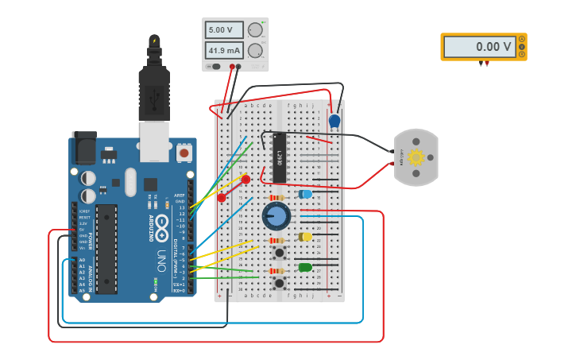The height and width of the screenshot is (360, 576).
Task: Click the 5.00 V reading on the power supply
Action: [x=225, y=30]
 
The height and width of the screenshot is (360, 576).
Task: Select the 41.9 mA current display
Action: [x=225, y=51]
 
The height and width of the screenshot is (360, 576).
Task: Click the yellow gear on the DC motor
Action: [x=416, y=157]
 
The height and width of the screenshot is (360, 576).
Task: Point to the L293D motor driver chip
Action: [x=279, y=157]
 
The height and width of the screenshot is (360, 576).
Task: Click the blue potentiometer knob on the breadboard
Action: [x=276, y=215]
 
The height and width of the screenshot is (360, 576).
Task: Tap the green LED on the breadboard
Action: [x=305, y=268]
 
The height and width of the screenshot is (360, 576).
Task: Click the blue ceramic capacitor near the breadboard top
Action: [x=334, y=121]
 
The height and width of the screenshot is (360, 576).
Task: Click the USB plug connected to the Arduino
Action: [x=154, y=87]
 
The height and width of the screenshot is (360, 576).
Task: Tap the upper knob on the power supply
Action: [x=255, y=30]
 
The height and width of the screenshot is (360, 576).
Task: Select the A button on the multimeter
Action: [x=521, y=39]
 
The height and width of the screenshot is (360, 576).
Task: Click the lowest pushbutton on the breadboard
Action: [x=279, y=282]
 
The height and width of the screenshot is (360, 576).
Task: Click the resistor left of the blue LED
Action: [x=276, y=198]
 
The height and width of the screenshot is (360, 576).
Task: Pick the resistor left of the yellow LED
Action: [x=276, y=241]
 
